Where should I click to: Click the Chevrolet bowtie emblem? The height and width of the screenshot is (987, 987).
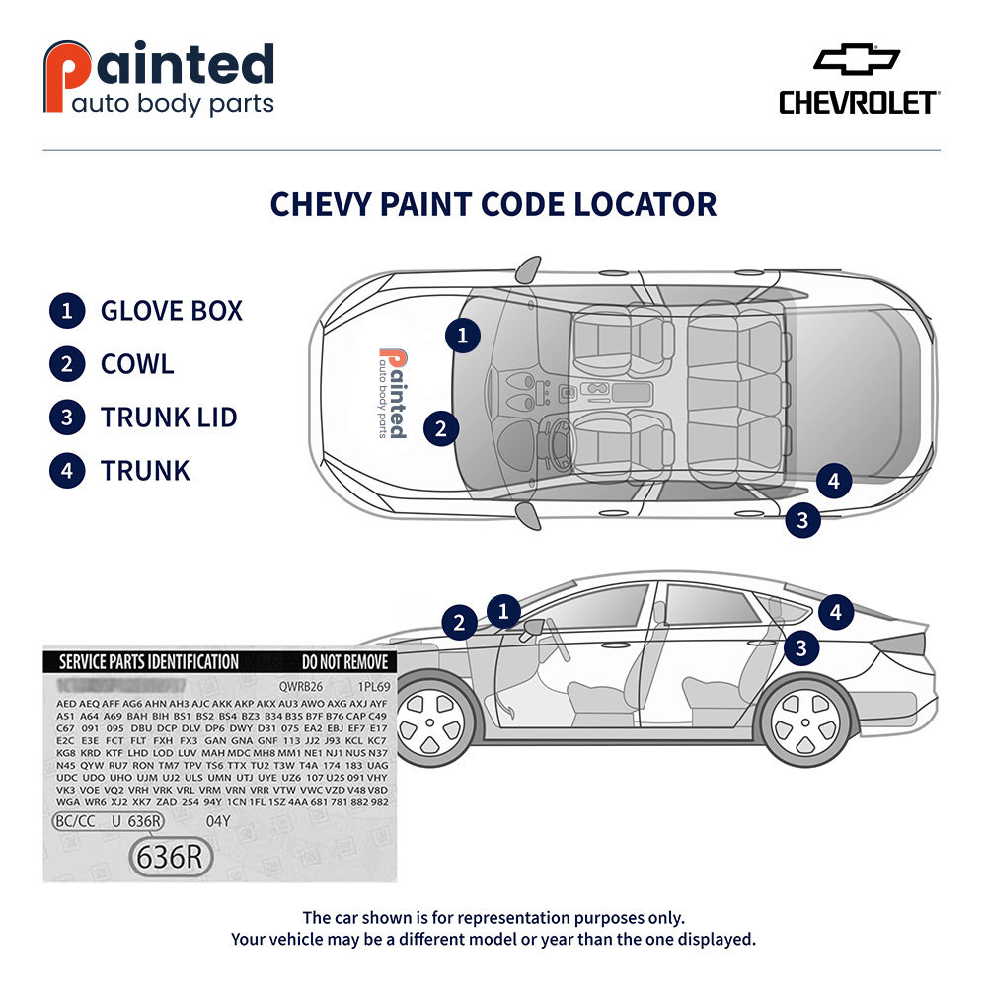point(857,60)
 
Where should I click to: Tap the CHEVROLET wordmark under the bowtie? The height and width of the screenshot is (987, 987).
point(858,103)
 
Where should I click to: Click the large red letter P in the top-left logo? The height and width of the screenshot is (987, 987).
point(60,77)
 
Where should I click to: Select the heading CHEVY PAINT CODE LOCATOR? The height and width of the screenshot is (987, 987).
point(493,204)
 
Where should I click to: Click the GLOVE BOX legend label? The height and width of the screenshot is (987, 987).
point(171,311)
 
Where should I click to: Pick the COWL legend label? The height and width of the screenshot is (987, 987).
point(137,363)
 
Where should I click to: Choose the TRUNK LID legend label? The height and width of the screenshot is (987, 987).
point(169,417)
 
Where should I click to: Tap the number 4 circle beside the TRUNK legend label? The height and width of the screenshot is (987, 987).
point(66,470)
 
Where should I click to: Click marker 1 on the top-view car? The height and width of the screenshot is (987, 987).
point(462,336)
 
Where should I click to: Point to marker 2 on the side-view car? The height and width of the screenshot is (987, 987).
point(459,623)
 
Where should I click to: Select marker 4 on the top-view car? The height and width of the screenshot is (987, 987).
point(834,482)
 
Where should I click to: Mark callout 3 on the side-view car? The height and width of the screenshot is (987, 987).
point(802,647)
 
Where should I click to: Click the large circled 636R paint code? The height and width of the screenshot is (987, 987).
point(172,857)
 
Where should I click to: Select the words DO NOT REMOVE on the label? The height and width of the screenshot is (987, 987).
point(344,662)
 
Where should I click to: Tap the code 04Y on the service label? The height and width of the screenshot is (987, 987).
point(217,821)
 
